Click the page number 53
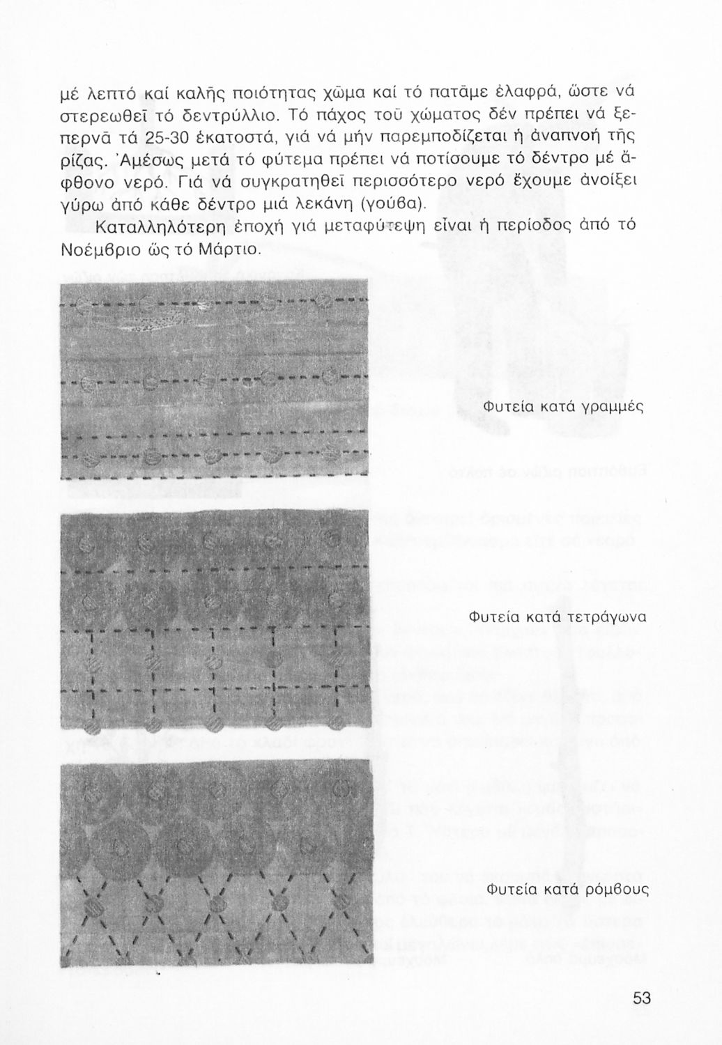642,998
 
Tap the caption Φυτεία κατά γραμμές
561,407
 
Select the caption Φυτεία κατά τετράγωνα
557,617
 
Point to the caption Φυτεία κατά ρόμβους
567,889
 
